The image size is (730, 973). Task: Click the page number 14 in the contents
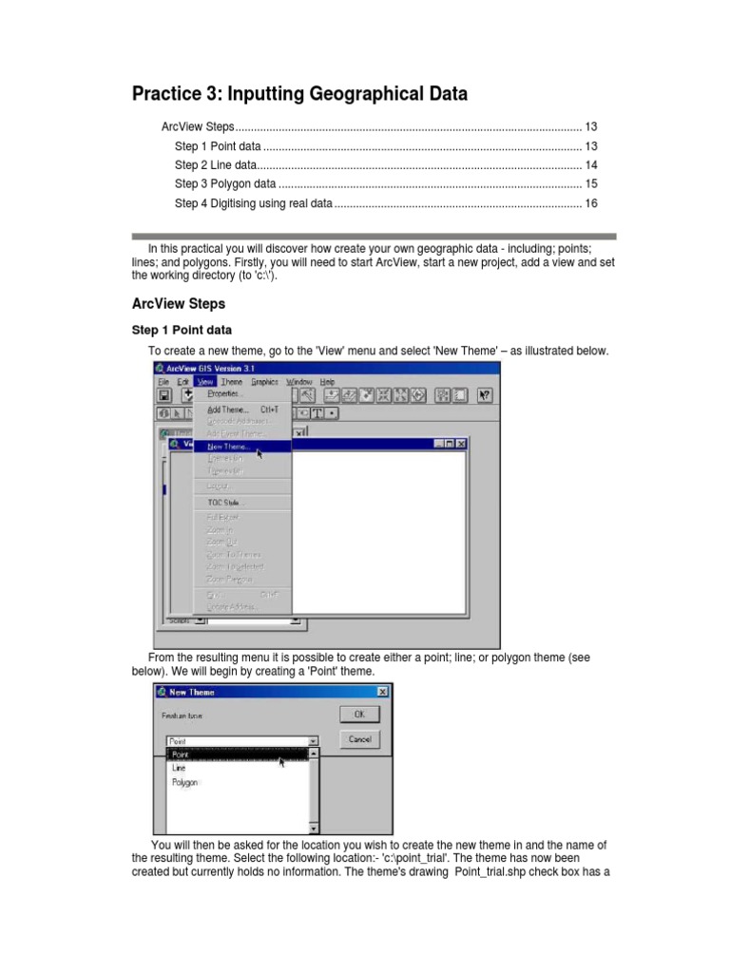point(590,165)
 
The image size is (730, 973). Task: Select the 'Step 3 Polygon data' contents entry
point(225,184)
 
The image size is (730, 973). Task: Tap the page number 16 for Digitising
point(590,203)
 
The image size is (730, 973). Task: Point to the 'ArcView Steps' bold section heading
point(178,304)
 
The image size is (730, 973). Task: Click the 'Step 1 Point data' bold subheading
point(181,331)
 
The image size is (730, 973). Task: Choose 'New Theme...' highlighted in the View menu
point(229,446)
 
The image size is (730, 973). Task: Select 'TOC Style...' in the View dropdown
point(225,503)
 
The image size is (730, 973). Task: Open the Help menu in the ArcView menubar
point(327,382)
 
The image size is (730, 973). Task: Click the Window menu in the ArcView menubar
point(298,382)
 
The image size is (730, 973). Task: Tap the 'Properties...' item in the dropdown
point(225,392)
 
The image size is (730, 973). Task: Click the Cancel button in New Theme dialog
point(359,738)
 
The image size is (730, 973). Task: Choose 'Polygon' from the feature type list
point(185,783)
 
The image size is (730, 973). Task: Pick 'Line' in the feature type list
point(180,768)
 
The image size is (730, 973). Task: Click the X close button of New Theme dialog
point(382,692)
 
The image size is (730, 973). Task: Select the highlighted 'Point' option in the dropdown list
point(181,754)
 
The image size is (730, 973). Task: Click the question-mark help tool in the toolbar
point(486,396)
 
